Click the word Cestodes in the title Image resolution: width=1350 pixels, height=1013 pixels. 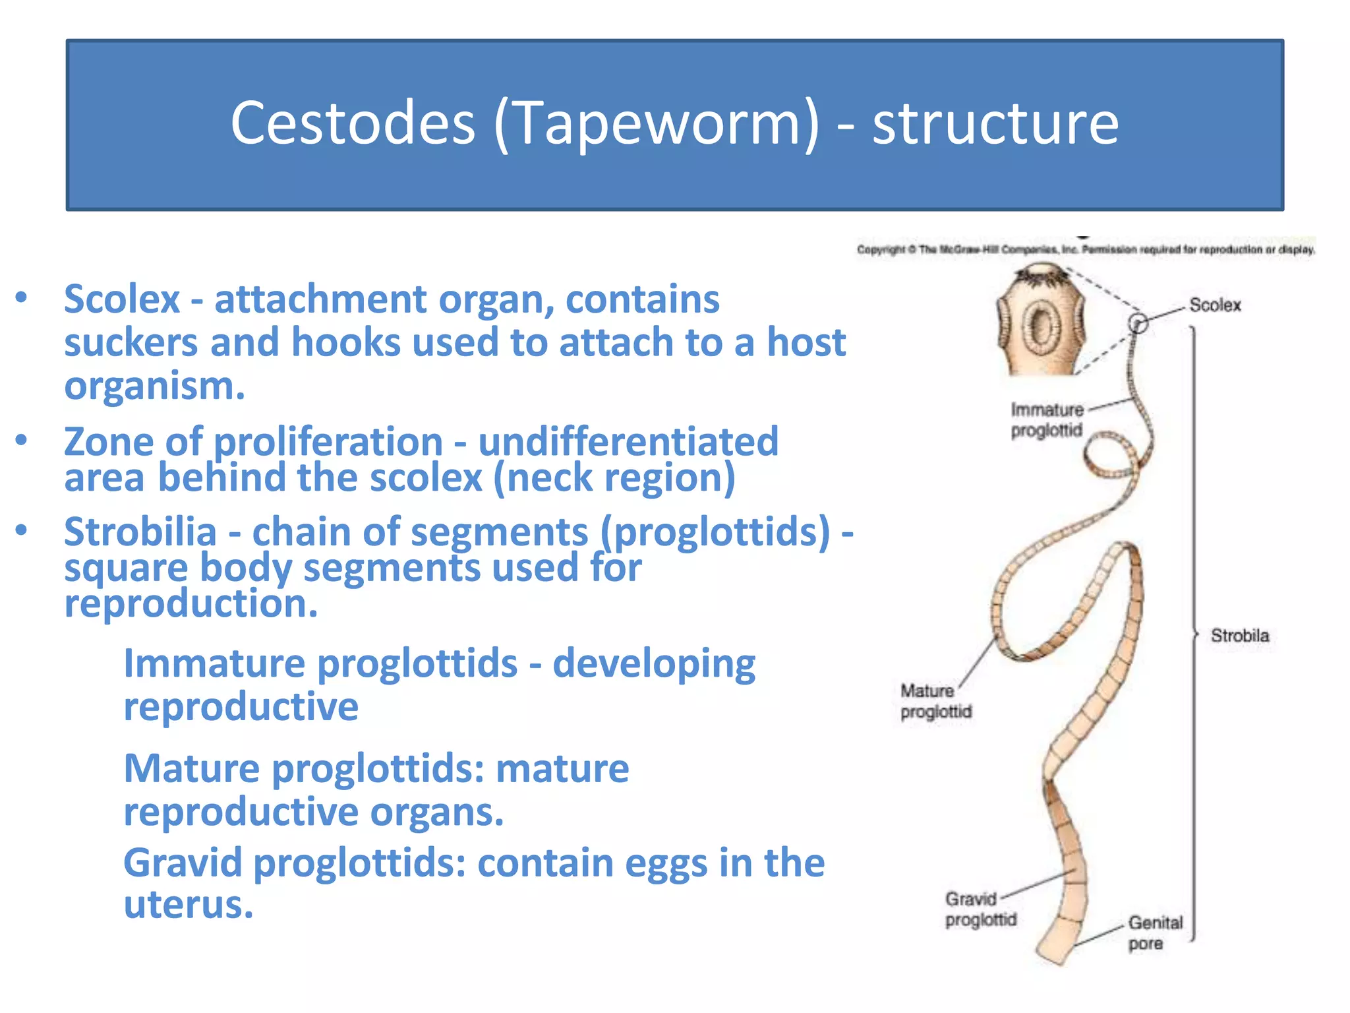(x=353, y=123)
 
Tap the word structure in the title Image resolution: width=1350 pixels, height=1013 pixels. (x=995, y=123)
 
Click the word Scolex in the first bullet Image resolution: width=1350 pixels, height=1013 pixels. (x=122, y=299)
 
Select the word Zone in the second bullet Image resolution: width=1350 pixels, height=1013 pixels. (x=108, y=441)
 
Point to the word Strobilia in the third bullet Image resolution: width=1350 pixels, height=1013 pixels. (x=140, y=532)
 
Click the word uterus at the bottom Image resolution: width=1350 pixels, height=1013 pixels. (x=188, y=904)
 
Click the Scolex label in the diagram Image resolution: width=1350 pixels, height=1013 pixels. (x=1214, y=305)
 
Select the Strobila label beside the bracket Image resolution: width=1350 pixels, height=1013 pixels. (x=1239, y=636)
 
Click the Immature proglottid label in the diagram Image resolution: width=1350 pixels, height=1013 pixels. (x=1047, y=420)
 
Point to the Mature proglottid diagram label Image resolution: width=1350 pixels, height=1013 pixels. (x=935, y=701)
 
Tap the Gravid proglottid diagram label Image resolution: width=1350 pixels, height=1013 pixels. (x=980, y=909)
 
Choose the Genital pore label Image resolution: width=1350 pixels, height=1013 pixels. (x=1155, y=933)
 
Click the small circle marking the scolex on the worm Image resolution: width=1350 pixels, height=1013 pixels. (x=1138, y=323)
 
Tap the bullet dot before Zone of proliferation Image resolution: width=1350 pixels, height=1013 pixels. (x=22, y=440)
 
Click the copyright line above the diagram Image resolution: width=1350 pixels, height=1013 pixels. (x=1085, y=250)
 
